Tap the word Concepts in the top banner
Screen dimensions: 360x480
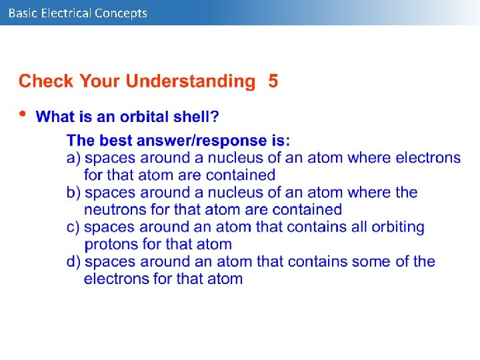coord(121,13)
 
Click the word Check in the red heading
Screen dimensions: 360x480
coord(46,81)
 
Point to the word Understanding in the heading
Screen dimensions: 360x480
coord(191,81)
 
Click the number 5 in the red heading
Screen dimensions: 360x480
coord(273,81)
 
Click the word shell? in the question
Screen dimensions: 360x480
coord(197,117)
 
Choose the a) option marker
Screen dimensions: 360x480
coord(74,158)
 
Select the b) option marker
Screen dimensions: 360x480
coord(74,193)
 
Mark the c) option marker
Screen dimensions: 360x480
coord(74,227)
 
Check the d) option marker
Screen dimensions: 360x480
coord(74,262)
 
